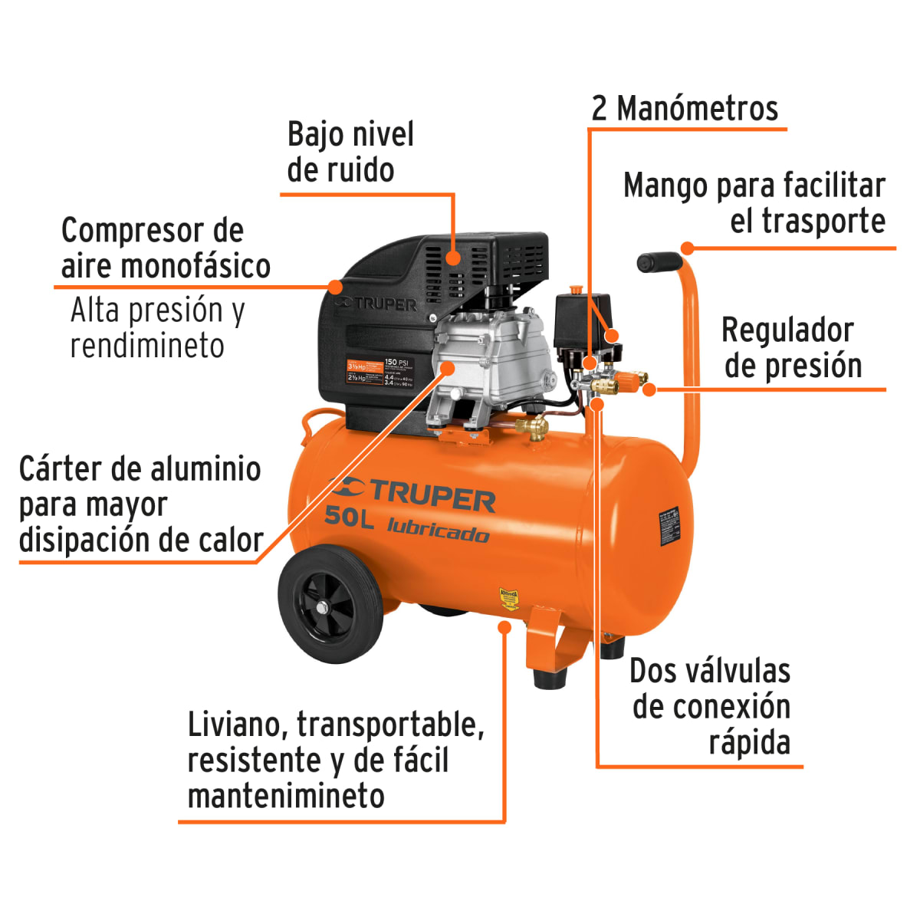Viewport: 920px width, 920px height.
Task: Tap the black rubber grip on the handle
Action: pyautogui.click(x=658, y=262)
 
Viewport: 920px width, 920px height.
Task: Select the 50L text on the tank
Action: pyautogui.click(x=349, y=517)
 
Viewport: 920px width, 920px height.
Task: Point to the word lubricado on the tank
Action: pyautogui.click(x=438, y=530)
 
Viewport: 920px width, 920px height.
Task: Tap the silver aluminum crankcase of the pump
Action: pyautogui.click(x=491, y=360)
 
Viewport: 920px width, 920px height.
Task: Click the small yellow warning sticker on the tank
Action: pyautogui.click(x=509, y=598)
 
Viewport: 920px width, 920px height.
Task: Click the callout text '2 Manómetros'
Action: pyautogui.click(x=685, y=109)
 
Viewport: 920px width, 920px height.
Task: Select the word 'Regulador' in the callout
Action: pyautogui.click(x=787, y=330)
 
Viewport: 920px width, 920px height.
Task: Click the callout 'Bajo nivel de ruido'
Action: pyautogui.click(x=350, y=152)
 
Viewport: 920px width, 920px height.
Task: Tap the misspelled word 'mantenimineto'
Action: pyautogui.click(x=286, y=796)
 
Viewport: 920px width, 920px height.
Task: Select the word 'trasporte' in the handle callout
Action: pyautogui.click(x=823, y=221)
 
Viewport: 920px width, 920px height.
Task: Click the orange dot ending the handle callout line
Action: pyautogui.click(x=688, y=248)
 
